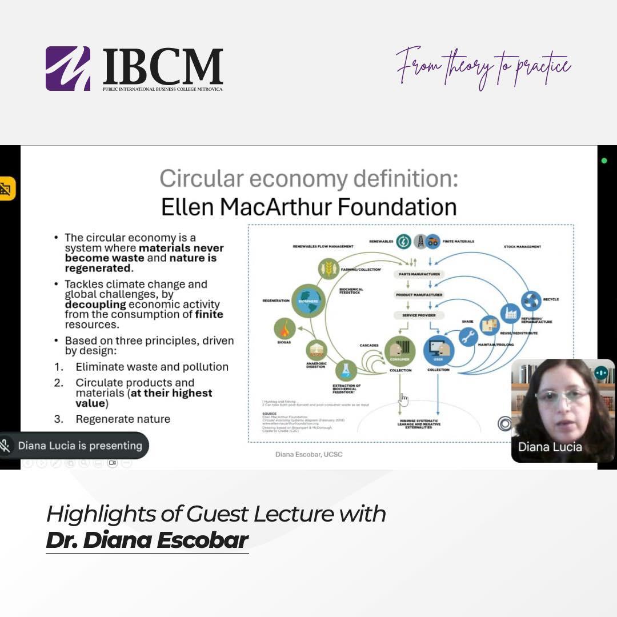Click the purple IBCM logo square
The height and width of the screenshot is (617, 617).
pyautogui.click(x=68, y=69)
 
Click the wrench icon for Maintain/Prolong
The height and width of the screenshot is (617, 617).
pyautogui.click(x=468, y=337)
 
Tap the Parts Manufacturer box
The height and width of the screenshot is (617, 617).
pyautogui.click(x=419, y=274)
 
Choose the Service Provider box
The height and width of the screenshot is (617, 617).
pyautogui.click(x=419, y=315)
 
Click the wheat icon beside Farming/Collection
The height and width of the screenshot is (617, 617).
pyautogui.click(x=328, y=268)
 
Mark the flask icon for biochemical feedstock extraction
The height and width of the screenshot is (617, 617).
pyautogui.click(x=346, y=370)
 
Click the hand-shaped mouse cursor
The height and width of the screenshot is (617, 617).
pyautogui.click(x=403, y=399)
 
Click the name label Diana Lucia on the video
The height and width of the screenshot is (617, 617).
pyautogui.click(x=550, y=447)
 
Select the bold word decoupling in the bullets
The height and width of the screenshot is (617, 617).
pyautogui.click(x=93, y=305)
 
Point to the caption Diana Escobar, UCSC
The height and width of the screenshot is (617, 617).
pyautogui.click(x=309, y=454)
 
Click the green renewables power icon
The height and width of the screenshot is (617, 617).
pyautogui.click(x=403, y=241)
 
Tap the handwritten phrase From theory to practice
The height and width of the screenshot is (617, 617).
pyautogui.click(x=483, y=67)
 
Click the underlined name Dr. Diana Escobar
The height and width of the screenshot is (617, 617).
pyautogui.click(x=147, y=540)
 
